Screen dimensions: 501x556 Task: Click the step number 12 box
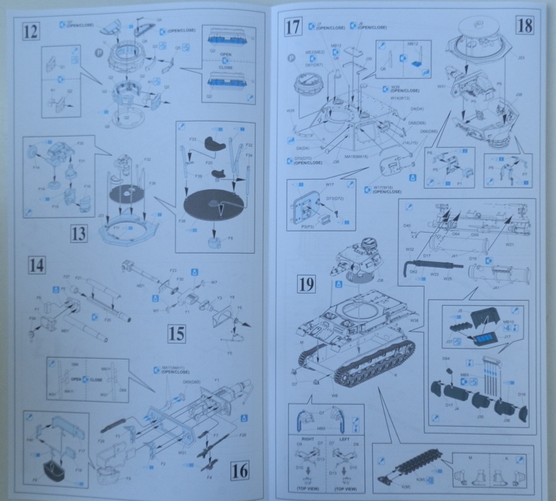point(30,30)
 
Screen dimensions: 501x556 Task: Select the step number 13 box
point(78,233)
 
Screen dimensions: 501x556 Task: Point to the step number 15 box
point(176,334)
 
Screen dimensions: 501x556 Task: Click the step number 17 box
point(293,27)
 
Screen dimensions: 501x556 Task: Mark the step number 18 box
point(524,25)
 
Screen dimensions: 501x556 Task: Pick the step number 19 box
point(306,284)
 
